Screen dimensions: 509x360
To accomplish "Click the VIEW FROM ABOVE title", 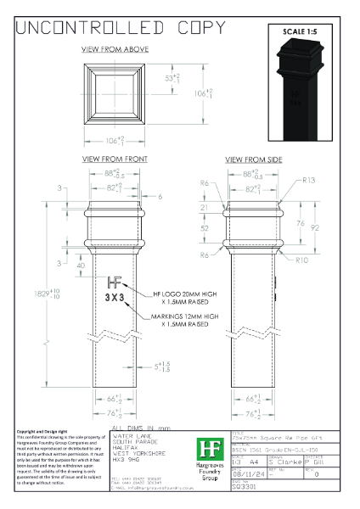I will (115, 49).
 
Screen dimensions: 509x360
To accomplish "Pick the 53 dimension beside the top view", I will (170, 78).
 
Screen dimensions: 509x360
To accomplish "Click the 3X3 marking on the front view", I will (116, 299).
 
